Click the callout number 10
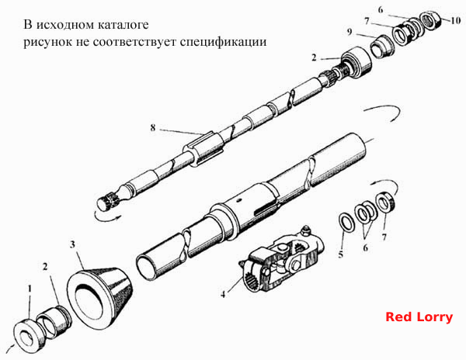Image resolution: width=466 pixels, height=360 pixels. pyautogui.click(x=456, y=21)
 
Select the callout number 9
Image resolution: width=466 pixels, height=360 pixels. pyautogui.click(x=349, y=32)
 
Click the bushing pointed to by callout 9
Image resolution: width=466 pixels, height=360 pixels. pyautogui.click(x=382, y=47)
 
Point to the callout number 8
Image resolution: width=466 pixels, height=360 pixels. pyautogui.click(x=153, y=127)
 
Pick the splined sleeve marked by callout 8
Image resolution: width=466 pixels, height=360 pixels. pyautogui.click(x=203, y=148)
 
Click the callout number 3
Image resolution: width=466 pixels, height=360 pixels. pyautogui.click(x=72, y=244)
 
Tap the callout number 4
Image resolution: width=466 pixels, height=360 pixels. pyautogui.click(x=223, y=294)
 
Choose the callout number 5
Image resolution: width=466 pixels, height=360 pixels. pyautogui.click(x=341, y=254)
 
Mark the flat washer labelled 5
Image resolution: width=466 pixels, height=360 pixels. pyautogui.click(x=346, y=223)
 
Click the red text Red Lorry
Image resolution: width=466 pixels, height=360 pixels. pyautogui.click(x=419, y=317)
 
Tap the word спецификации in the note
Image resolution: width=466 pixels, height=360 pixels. pyautogui.click(x=223, y=42)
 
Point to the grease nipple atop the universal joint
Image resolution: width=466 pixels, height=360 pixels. pyautogui.click(x=304, y=230)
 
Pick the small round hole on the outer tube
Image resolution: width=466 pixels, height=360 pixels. pyautogui.click(x=238, y=201)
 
